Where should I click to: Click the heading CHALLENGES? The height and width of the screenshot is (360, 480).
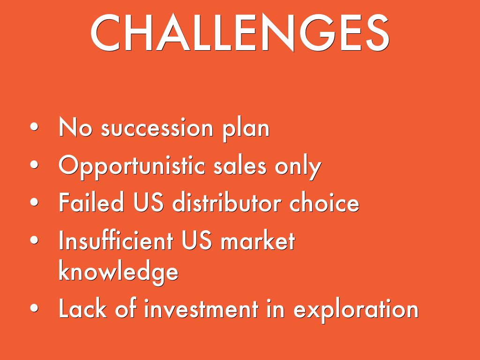click(240, 32)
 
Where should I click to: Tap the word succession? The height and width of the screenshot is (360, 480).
click(157, 128)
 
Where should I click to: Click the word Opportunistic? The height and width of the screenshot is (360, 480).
click(132, 167)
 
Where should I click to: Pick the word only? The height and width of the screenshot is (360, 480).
click(298, 167)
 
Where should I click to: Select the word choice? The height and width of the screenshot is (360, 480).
click(324, 202)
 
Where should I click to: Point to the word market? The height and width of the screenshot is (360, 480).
click(257, 240)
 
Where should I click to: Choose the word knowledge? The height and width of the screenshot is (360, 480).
click(118, 270)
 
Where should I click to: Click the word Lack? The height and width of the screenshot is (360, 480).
click(82, 308)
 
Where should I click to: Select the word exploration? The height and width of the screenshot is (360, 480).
click(356, 310)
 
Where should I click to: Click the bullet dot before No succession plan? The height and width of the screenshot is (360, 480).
click(34, 127)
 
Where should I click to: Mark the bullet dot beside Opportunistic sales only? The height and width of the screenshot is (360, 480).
click(34, 165)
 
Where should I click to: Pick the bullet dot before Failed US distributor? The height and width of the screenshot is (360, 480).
click(34, 202)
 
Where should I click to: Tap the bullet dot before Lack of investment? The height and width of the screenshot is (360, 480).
click(34, 308)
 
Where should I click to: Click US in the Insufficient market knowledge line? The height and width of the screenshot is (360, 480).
click(196, 240)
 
